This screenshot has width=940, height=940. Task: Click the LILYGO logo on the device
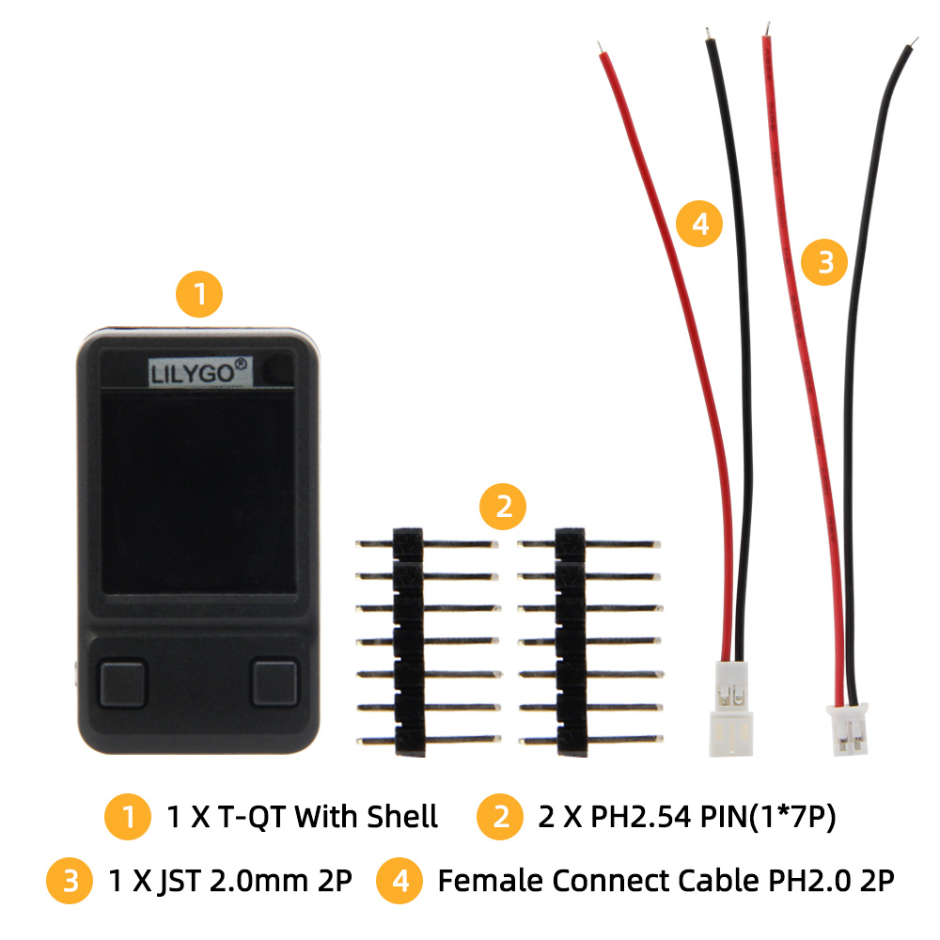(x=200, y=372)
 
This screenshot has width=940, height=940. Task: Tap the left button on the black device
(x=123, y=683)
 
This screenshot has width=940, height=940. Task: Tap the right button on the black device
(x=274, y=683)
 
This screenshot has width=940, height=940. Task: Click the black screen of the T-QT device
(x=197, y=491)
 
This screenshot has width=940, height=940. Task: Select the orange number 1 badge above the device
(x=199, y=294)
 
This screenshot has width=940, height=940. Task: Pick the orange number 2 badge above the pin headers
(x=503, y=507)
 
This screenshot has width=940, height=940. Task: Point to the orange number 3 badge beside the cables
(x=825, y=262)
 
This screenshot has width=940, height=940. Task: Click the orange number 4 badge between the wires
(x=699, y=224)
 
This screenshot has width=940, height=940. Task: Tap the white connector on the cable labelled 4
(x=731, y=709)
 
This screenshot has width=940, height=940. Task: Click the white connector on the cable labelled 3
(x=848, y=729)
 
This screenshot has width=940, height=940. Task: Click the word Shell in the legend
(x=402, y=817)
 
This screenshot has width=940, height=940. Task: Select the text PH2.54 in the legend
(x=641, y=817)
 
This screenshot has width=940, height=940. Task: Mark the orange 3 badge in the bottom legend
(x=70, y=881)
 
